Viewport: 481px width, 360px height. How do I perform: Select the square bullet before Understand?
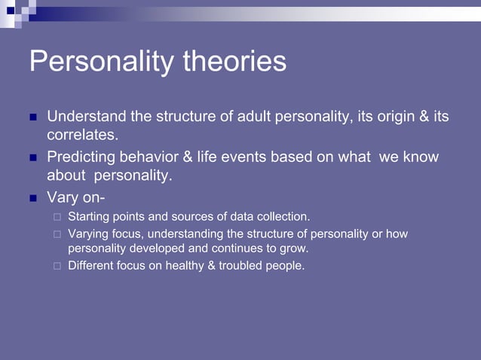[32, 117]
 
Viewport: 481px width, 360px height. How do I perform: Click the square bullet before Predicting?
[32, 158]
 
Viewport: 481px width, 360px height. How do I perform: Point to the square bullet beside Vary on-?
[32, 199]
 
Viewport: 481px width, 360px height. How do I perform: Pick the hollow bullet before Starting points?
[57, 218]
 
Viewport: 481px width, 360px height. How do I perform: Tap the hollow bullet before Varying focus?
[57, 234]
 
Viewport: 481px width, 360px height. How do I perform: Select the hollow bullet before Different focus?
[57, 265]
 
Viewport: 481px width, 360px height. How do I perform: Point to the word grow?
[295, 248]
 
